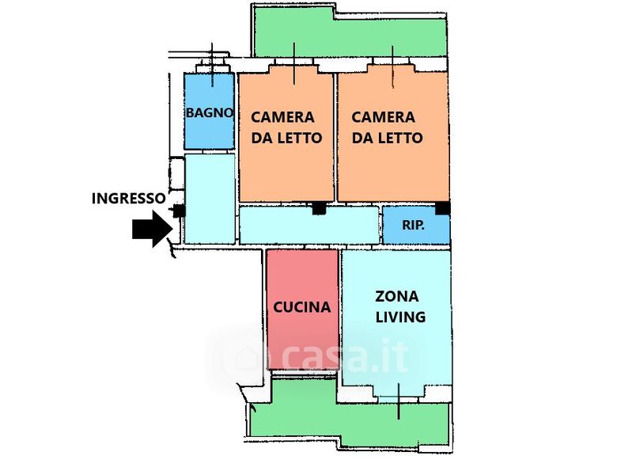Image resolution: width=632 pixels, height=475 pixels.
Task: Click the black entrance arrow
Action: click(153, 229)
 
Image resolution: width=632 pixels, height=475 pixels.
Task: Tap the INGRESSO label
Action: click(129, 199)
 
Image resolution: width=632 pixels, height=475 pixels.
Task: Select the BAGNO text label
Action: click(209, 112)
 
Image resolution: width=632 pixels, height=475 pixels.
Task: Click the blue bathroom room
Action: click(209, 111)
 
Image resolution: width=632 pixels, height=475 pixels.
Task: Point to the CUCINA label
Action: click(302, 307)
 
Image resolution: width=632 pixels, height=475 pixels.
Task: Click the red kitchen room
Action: click(302, 310)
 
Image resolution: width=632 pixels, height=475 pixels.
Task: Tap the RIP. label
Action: click(413, 225)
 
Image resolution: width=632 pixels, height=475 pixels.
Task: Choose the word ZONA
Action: click(396, 297)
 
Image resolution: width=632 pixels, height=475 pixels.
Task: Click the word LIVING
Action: click(401, 317)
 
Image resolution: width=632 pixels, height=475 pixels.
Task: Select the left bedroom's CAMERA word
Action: click(282, 117)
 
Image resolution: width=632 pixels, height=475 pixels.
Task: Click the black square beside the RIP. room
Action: click(443, 208)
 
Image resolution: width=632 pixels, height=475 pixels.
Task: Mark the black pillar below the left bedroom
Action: click(320, 208)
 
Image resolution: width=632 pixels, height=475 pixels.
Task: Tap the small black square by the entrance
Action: click(179, 211)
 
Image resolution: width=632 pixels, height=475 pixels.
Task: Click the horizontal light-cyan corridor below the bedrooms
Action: click(309, 225)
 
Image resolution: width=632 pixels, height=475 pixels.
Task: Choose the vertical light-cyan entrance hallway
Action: click(210, 199)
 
